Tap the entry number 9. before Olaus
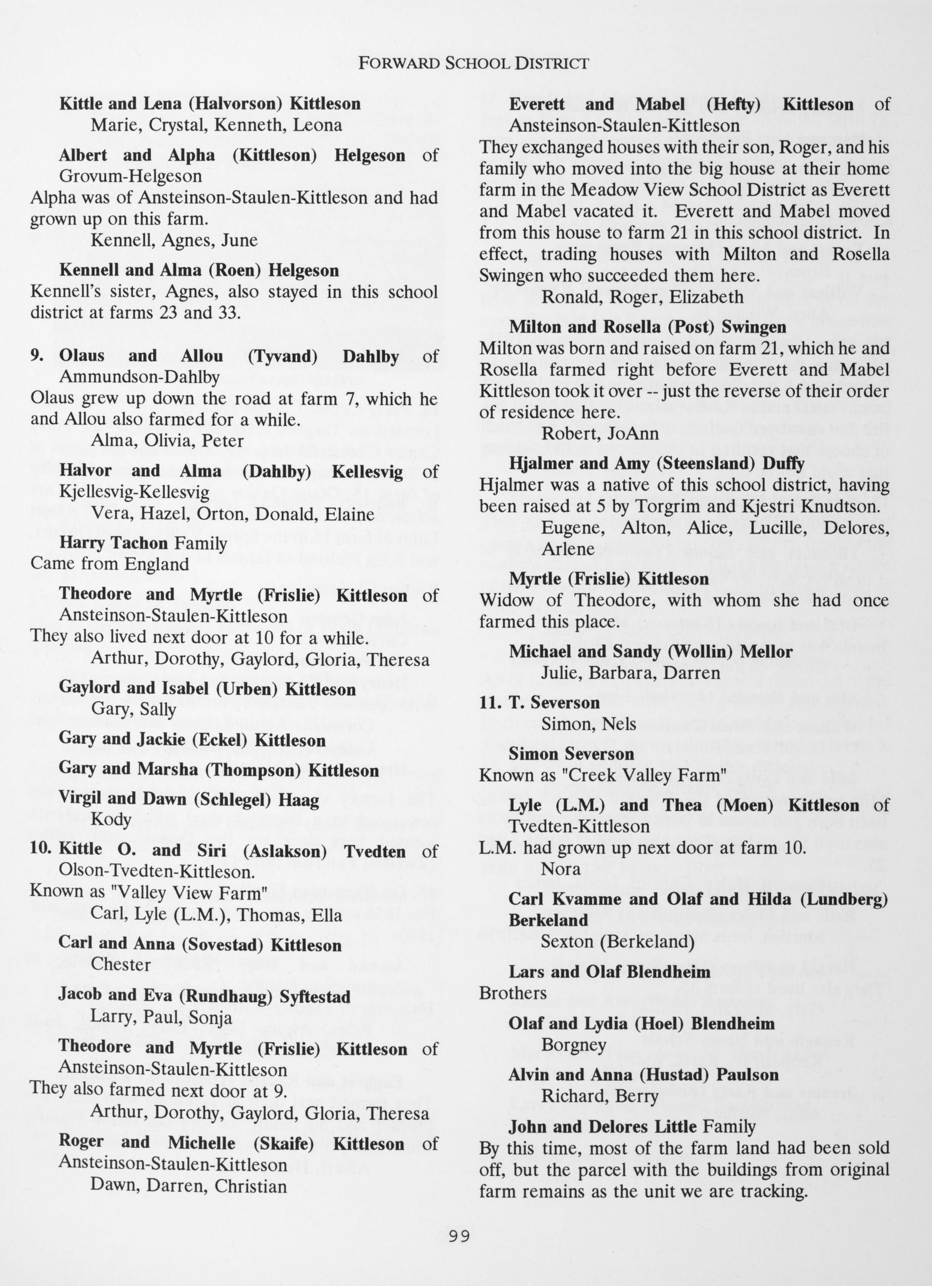point(37,356)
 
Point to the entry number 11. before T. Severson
point(490,703)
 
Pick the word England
point(157,564)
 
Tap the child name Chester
point(121,964)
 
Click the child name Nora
point(561,868)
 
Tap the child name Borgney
point(574,1044)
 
